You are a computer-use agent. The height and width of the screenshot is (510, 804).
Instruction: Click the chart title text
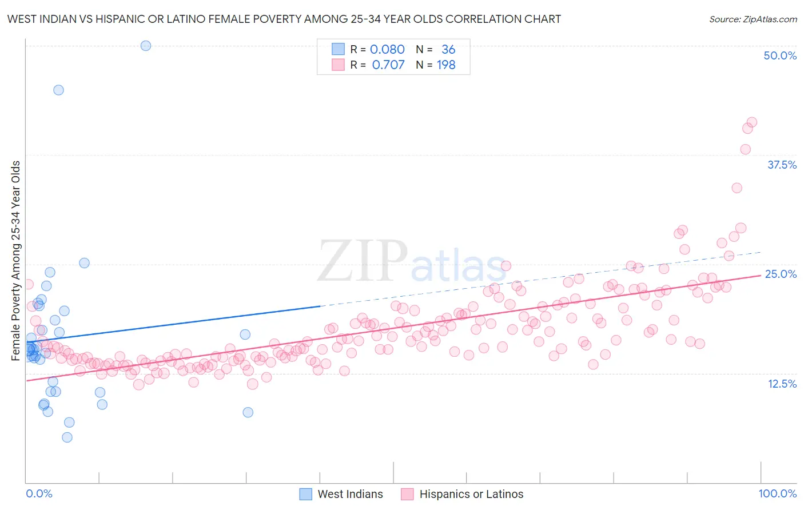tap(284, 19)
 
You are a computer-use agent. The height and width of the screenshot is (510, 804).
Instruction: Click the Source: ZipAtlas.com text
tap(753, 19)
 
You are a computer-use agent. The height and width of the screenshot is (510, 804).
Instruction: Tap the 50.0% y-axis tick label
tap(780, 55)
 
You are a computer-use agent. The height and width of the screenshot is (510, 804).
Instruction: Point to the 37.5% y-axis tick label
tap(782, 165)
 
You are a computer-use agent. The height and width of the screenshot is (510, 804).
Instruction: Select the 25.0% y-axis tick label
tap(781, 274)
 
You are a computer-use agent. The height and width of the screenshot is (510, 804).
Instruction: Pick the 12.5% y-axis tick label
tap(782, 384)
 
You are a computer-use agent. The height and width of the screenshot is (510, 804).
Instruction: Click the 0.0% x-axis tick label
tap(39, 493)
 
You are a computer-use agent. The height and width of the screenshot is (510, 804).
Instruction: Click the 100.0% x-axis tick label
tap(777, 493)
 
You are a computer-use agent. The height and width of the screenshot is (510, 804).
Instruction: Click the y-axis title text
tap(16, 261)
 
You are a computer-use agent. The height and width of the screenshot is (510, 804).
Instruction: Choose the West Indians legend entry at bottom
tap(341, 494)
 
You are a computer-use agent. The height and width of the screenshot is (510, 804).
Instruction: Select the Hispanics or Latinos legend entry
tap(463, 494)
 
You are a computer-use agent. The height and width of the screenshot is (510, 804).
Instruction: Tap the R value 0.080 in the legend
tap(387, 50)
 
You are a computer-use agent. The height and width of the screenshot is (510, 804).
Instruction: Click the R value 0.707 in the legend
tap(388, 65)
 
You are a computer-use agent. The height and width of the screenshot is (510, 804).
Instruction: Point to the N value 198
tap(446, 65)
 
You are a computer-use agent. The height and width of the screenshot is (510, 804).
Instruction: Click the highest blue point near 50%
tap(146, 46)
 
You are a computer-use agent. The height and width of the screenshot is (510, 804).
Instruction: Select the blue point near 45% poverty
tap(58, 90)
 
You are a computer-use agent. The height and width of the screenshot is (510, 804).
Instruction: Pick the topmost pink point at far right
tap(752, 122)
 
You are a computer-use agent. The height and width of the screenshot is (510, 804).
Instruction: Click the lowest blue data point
tap(67, 437)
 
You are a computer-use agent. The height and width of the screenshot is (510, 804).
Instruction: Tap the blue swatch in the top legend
tap(338, 50)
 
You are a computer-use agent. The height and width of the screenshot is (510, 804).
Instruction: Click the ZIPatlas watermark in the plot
tap(412, 262)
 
